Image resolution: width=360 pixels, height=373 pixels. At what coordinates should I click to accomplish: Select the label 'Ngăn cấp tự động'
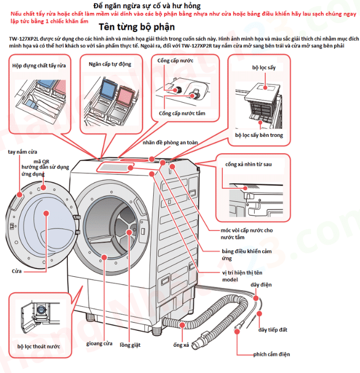[x=110, y=64]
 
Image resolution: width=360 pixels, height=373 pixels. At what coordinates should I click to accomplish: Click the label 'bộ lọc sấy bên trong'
[x=259, y=135]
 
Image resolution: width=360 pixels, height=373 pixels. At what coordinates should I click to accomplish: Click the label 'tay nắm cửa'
[x=23, y=152]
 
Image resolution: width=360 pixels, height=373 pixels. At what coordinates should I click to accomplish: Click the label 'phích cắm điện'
[x=272, y=354]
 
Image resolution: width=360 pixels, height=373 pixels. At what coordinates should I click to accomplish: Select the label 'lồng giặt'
[x=130, y=344]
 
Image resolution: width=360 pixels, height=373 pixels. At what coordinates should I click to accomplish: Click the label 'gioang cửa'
[x=100, y=343]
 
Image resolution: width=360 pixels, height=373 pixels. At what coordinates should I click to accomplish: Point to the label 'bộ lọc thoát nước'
[x=39, y=346]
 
